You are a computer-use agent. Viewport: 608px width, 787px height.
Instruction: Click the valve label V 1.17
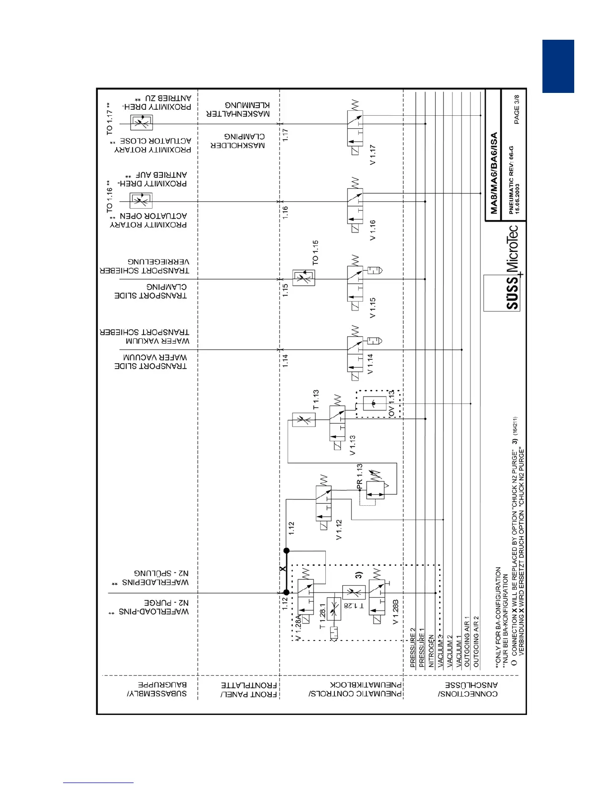tap(373, 155)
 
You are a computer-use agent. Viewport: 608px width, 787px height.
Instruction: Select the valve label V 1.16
tap(373, 230)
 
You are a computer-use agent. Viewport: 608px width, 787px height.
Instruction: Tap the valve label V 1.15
tap(373, 308)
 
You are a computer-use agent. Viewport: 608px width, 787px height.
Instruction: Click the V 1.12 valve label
tap(339, 530)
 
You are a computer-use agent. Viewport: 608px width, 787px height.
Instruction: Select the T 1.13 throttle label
tap(316, 400)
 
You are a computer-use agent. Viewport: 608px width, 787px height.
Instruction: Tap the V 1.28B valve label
tap(396, 612)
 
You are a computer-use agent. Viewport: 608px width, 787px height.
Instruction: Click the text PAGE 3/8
tap(517, 109)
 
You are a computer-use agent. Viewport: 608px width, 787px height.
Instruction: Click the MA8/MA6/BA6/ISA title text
tap(494, 173)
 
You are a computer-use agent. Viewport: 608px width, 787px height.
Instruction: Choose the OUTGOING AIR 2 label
tap(476, 641)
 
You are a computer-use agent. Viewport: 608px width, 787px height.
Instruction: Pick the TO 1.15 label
tap(315, 252)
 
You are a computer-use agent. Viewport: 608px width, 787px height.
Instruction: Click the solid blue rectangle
tap(558, 66)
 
